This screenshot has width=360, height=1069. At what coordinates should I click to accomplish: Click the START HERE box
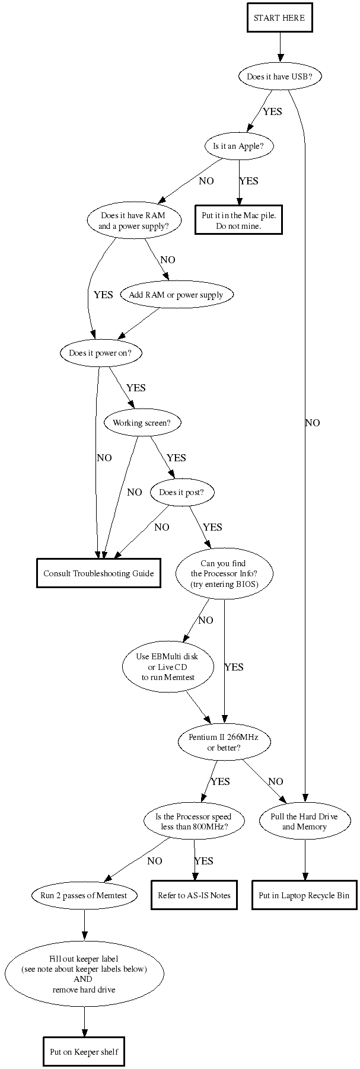point(279,18)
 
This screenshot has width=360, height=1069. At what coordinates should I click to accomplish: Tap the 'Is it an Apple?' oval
point(239,146)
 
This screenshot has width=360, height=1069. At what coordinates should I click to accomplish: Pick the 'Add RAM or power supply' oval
point(176,295)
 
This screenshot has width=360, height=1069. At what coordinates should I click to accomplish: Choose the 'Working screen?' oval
point(142,423)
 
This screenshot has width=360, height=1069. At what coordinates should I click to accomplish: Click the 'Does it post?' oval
point(181,493)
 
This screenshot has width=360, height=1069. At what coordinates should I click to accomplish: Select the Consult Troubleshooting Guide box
point(98,573)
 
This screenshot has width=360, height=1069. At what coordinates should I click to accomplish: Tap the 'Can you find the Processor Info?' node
point(224,573)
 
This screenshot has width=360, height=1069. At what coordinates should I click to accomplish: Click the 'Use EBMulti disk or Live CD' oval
point(167,666)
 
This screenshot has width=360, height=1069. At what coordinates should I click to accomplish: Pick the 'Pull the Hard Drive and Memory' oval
point(304,821)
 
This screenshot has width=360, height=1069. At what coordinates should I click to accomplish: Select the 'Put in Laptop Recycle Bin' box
point(304,895)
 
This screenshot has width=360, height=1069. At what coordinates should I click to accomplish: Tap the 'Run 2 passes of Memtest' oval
point(84,895)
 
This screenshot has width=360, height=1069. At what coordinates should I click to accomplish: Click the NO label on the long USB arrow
point(313,423)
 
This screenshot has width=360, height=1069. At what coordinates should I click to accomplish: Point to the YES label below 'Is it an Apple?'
point(249,181)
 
